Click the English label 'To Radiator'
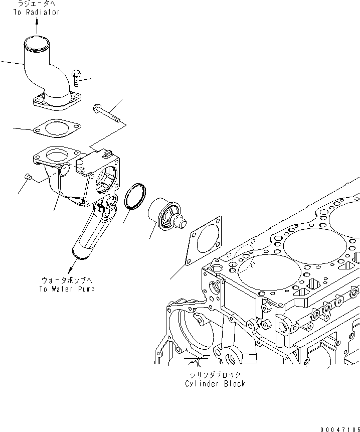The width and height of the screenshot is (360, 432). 36,12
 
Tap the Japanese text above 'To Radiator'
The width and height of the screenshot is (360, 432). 36,4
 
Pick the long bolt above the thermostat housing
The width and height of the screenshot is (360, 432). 107,114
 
